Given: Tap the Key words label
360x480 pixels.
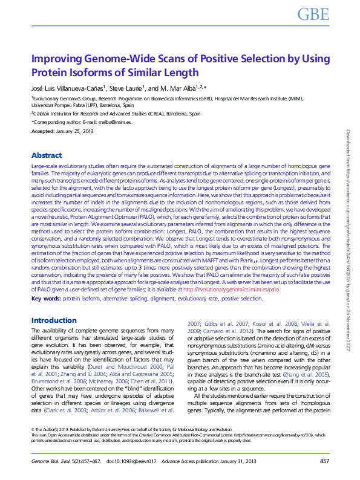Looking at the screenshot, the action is [46, 298].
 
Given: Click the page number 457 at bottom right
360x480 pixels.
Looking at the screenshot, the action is [324, 461].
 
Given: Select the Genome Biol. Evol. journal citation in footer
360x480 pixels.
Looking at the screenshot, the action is [55, 461].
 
